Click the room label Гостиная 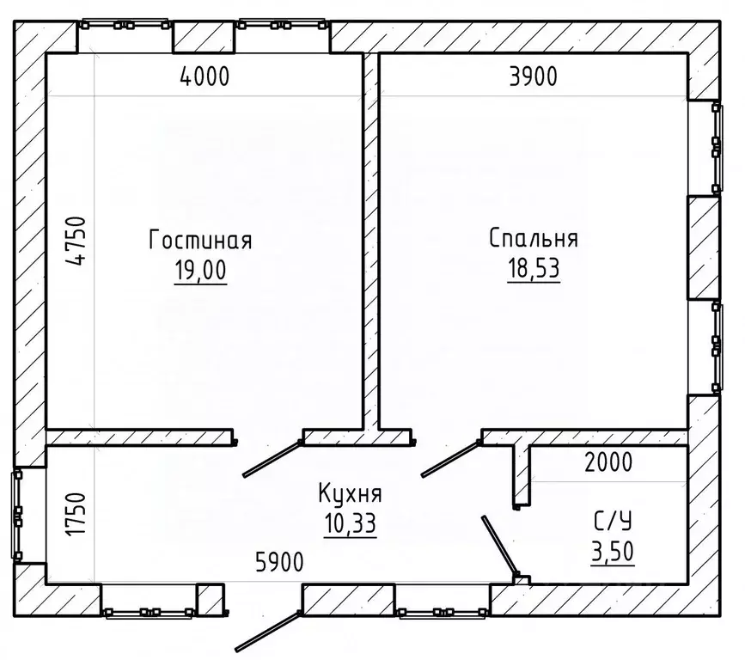tap(200, 240)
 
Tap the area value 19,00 tap(200, 271)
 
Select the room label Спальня tap(534, 238)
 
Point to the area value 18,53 tap(534, 268)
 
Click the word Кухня tap(351, 493)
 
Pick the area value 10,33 tap(351, 523)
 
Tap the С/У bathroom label tap(613, 522)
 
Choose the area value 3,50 tap(613, 552)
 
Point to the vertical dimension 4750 tap(76, 241)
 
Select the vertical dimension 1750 tap(76, 515)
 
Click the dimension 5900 tap(279, 563)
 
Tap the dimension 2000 tap(608, 461)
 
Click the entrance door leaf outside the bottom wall tap(268, 631)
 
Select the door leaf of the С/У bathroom tap(499, 545)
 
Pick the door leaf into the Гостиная tap(272, 459)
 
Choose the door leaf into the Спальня tap(451, 459)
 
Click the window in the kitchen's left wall tap(17, 515)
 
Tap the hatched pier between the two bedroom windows tap(704, 248)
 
